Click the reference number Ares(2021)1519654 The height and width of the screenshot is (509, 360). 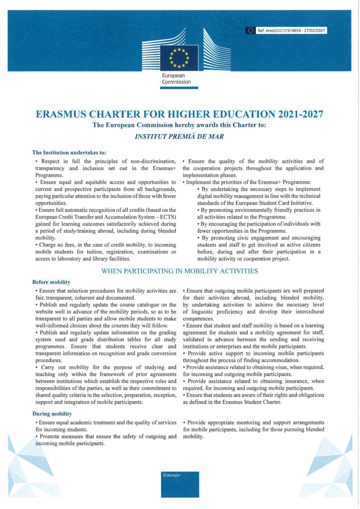pos(279,31)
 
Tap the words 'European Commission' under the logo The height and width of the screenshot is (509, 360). pos(176,79)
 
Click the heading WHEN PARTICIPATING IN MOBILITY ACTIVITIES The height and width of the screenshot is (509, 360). pos(180,271)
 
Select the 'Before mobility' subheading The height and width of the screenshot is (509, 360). pos(51,282)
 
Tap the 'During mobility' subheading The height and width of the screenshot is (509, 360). pos(52,414)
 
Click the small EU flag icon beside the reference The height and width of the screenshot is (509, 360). pos(251,31)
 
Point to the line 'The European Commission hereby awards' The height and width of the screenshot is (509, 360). pos(180,125)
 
